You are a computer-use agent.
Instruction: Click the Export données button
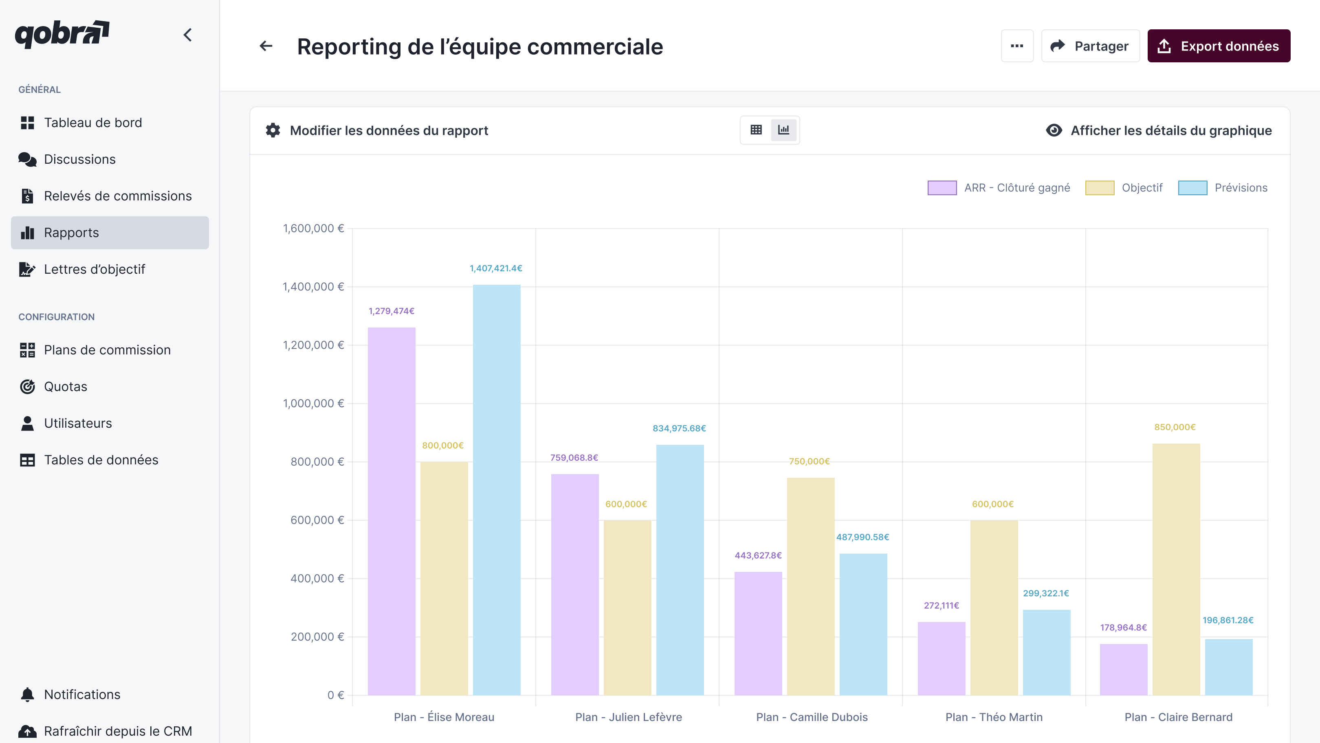click(x=1218, y=46)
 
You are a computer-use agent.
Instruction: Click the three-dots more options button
click(x=1016, y=46)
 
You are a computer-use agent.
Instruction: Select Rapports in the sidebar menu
click(x=110, y=233)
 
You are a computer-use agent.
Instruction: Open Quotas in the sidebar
click(x=65, y=386)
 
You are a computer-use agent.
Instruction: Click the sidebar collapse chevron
click(x=187, y=35)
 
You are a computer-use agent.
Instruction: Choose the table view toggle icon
click(x=756, y=130)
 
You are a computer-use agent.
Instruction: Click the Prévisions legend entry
click(x=1223, y=187)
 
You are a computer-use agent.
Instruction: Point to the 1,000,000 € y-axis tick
click(x=313, y=403)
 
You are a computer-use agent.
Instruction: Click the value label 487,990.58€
click(x=862, y=537)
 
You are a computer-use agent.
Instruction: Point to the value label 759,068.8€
click(x=574, y=457)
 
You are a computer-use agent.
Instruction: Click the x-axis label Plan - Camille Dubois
click(x=812, y=717)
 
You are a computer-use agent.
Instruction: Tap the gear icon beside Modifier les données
click(x=273, y=130)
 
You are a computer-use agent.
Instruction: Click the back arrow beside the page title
click(x=266, y=46)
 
